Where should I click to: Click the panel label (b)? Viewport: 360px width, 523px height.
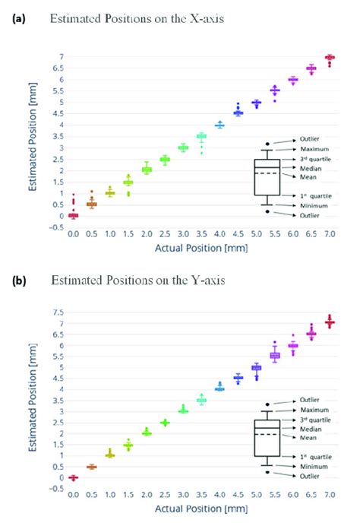point(17,280)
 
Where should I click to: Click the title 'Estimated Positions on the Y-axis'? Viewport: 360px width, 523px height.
point(128,280)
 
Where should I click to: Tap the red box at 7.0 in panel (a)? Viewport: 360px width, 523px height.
point(330,58)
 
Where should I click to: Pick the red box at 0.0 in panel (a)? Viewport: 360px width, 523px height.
point(73,215)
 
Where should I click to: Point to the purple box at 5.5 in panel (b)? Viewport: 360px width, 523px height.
point(275,355)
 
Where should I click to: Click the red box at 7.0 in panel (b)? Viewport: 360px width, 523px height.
point(330,323)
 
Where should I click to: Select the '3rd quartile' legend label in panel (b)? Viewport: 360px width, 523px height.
point(321,420)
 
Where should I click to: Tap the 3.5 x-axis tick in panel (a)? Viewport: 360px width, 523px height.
point(201,236)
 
